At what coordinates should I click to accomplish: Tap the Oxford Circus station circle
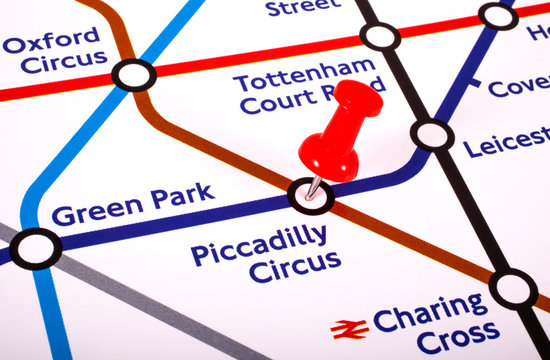[x=133, y=74]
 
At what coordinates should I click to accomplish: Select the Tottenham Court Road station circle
[x=379, y=37]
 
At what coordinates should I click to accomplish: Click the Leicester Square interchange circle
[x=432, y=134]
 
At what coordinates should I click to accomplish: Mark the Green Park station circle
[x=35, y=249]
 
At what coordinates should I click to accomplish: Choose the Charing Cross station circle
[x=513, y=288]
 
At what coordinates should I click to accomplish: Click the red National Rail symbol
[x=349, y=328]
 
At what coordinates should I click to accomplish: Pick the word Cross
[x=457, y=338]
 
